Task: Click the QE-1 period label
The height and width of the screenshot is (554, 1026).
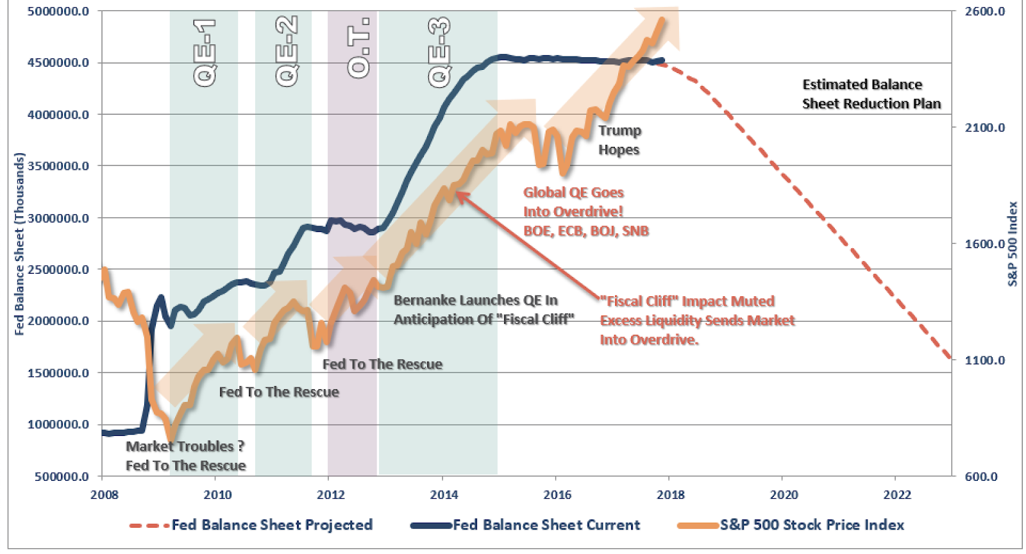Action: point(205,53)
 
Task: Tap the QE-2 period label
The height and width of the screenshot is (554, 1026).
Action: point(287,51)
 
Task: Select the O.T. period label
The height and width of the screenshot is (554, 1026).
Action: point(358,48)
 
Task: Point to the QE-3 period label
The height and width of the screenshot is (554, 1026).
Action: point(439,53)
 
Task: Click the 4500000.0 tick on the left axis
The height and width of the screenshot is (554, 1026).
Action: point(58,63)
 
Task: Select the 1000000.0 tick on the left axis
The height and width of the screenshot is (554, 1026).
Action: point(58,424)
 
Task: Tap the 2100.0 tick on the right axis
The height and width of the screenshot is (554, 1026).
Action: point(985,128)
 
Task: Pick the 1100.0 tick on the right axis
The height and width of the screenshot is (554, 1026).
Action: point(985,360)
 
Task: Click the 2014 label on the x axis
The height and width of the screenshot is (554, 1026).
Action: point(444,494)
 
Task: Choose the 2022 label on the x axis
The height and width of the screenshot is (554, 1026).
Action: point(897,494)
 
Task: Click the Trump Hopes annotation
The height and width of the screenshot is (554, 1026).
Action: point(619,140)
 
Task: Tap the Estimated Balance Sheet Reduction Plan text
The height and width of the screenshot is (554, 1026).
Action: point(871,94)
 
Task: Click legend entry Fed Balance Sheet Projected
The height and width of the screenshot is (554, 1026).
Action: point(271,525)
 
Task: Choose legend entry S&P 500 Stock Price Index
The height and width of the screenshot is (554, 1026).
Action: point(811,525)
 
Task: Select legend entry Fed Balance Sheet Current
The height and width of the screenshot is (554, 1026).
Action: point(546,525)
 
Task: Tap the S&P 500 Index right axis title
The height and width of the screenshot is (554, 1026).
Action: point(1013,244)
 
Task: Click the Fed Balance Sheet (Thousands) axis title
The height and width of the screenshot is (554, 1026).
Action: point(20,244)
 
